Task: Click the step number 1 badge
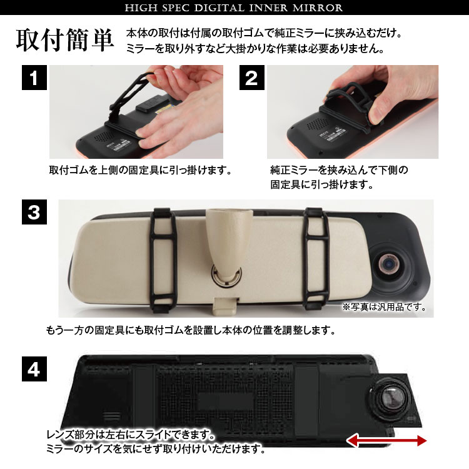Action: pyautogui.click(x=34, y=78)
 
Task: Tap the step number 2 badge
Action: pyautogui.click(x=252, y=78)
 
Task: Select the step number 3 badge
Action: pyautogui.click(x=34, y=212)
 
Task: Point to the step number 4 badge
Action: pyautogui.click(x=34, y=369)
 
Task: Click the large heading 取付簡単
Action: pyautogui.click(x=65, y=40)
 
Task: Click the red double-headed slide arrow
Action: pyautogui.click(x=386, y=441)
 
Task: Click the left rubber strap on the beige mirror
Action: pyautogui.click(x=163, y=260)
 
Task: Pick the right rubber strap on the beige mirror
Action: pyautogui.click(x=316, y=259)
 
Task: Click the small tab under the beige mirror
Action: pyautogui.click(x=226, y=306)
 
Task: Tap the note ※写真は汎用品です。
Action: pyautogui.click(x=385, y=307)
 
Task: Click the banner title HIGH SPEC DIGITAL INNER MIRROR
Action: pyautogui.click(x=234, y=8)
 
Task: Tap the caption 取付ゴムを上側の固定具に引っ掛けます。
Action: pyautogui.click(x=140, y=170)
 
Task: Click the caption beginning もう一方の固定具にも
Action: pyautogui.click(x=191, y=330)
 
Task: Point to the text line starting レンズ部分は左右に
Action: pyautogui.click(x=131, y=435)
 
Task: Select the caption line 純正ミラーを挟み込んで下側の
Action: pyautogui.click(x=339, y=170)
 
